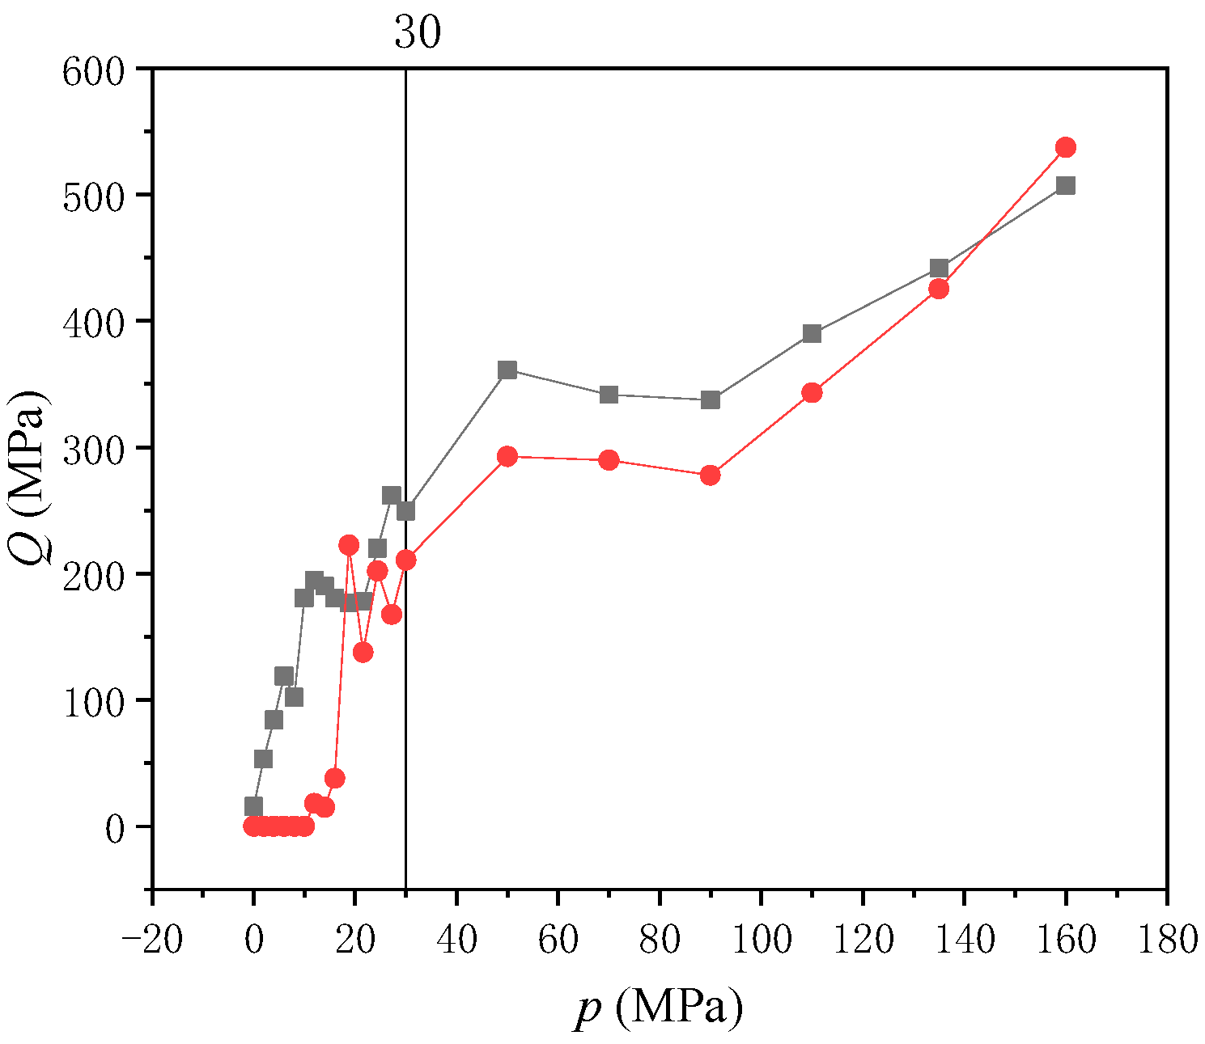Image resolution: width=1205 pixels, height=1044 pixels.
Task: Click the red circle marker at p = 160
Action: point(1065,147)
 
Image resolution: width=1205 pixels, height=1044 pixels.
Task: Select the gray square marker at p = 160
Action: point(1065,185)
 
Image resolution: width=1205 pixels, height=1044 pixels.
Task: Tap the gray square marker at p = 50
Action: point(507,370)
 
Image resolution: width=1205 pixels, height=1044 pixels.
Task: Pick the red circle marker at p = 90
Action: point(711,475)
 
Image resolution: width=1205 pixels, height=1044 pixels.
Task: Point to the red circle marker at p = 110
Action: point(812,392)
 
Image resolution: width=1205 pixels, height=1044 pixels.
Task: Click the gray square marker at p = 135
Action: point(939,268)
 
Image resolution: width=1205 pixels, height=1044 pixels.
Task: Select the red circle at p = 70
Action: point(609,460)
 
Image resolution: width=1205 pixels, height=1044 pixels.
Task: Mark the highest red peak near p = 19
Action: point(349,545)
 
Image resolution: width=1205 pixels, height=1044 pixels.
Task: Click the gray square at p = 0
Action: point(253,806)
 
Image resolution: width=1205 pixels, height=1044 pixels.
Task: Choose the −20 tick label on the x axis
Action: point(151,940)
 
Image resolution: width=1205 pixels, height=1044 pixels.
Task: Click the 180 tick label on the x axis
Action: point(1165,940)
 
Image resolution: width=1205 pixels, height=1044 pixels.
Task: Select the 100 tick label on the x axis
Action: point(761,940)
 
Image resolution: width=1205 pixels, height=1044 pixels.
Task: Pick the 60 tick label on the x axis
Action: point(558,940)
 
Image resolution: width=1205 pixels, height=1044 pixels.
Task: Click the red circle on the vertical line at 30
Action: point(405,560)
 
